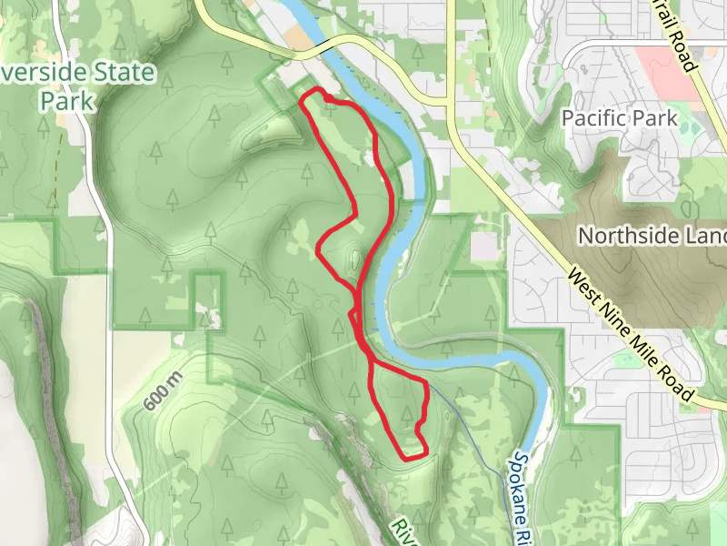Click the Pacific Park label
619,118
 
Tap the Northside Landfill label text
652,236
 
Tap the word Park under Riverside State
66,100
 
